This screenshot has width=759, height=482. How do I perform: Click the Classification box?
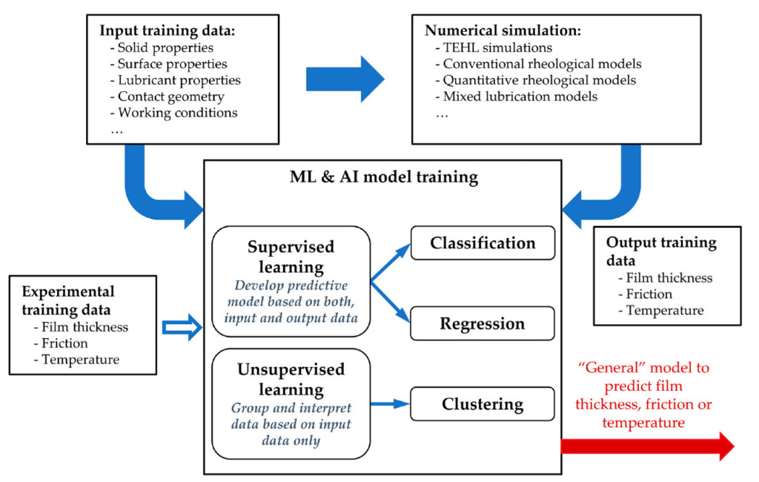pos(483,242)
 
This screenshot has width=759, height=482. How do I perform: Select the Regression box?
pos(483,323)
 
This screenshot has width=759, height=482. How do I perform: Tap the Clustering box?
pos(483,403)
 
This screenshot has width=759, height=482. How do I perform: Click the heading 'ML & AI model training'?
pos(384,176)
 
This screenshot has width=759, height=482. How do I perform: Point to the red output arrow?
pos(648,446)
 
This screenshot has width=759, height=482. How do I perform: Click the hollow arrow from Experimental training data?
pos(182,327)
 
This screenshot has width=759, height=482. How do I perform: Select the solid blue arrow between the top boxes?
pos(345,79)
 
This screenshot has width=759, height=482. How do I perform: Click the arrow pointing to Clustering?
pos(390,403)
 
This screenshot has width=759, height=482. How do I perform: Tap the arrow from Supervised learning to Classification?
pos(390,262)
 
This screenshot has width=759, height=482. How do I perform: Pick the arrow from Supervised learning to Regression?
pos(390,301)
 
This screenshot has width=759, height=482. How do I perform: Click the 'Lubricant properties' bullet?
pos(175,80)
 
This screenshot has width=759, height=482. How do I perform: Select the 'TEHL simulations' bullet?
pos(494,47)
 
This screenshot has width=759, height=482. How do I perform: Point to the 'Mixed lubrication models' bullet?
pos(517,96)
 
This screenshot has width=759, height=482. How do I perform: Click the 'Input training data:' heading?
pos(167,30)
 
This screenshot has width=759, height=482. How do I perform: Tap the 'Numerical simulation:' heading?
pos(503,30)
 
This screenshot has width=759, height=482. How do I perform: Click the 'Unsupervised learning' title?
pos(291,380)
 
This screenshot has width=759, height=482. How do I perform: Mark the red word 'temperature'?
pos(643,423)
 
